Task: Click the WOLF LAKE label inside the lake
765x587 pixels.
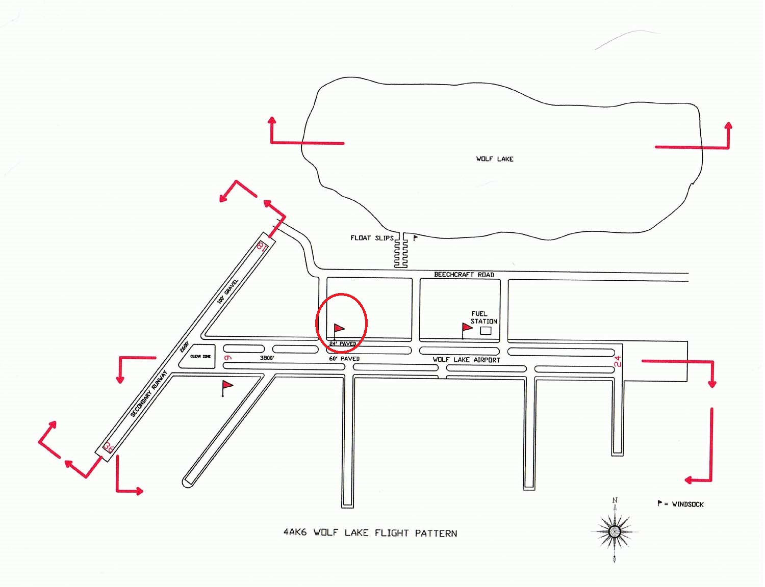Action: click(495, 159)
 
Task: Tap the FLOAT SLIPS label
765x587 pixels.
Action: click(372, 238)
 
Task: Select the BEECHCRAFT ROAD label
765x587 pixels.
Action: click(464, 275)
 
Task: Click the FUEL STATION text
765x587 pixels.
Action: click(483, 317)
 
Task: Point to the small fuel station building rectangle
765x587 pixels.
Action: click(486, 331)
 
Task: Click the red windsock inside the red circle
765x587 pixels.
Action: click(339, 329)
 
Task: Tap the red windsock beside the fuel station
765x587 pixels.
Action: click(467, 328)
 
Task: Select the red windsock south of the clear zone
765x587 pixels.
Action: click(227, 386)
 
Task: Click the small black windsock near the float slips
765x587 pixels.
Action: click(415, 237)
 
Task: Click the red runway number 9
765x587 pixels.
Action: click(228, 358)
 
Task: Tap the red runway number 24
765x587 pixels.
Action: click(618, 361)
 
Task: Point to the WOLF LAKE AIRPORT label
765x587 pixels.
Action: click(466, 360)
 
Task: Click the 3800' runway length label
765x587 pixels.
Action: click(267, 358)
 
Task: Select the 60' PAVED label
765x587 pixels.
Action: click(344, 359)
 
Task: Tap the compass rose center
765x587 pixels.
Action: click(615, 531)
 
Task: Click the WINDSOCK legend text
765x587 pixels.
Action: click(687, 504)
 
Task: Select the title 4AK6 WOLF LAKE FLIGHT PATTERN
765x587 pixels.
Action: click(370, 533)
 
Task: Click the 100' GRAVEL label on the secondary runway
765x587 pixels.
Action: click(227, 291)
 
